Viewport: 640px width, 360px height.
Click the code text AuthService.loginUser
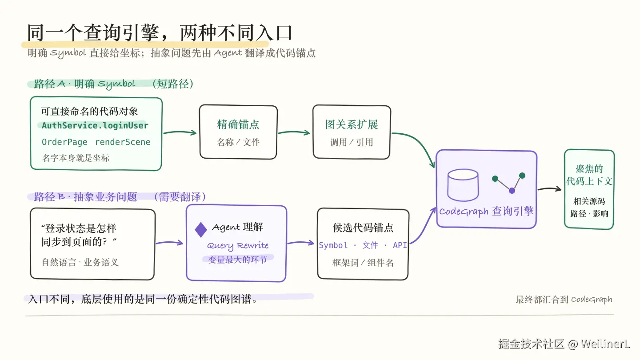pos(95,125)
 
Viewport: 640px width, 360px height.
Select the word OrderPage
pos(64,142)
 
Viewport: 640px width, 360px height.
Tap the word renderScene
pos(123,142)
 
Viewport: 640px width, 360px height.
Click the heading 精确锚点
pos(238,124)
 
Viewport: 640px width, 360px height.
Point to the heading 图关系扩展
pos(352,124)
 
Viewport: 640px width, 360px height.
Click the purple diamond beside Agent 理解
pos(201,230)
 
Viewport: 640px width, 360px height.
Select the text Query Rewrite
pos(238,245)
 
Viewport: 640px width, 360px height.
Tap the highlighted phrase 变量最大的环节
pos(237,260)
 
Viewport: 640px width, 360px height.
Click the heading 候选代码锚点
pos(363,228)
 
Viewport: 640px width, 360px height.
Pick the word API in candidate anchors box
pos(400,245)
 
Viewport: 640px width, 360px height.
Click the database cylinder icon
pos(463,185)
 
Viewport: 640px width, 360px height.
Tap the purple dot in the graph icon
pos(512,191)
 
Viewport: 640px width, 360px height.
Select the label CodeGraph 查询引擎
pos(486,212)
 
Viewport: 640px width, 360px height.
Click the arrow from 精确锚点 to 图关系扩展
pos(294,132)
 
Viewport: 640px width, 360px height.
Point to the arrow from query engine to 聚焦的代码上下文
pos(549,188)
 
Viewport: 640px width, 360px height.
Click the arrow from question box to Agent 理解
pos(169,243)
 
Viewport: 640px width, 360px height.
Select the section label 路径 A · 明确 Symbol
pos(84,84)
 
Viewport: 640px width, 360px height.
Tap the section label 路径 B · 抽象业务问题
pos(85,197)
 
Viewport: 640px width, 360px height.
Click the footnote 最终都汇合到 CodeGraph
pos(564,300)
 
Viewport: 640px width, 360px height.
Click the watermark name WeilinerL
pos(605,344)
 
